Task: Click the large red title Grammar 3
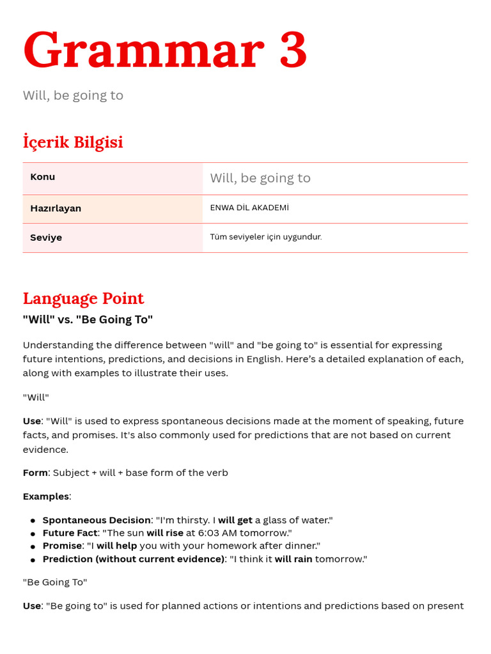click(x=165, y=50)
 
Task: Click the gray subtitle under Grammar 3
click(x=73, y=96)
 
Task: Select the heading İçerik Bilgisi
click(x=73, y=142)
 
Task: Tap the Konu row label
click(x=43, y=177)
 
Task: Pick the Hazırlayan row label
click(x=56, y=208)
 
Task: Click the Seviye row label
click(x=46, y=238)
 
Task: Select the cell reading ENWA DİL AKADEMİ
click(x=249, y=208)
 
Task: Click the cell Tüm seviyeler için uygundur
click(x=266, y=237)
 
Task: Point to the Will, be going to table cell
click(x=260, y=178)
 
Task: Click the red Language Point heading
click(x=83, y=298)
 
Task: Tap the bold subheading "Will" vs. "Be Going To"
click(x=88, y=319)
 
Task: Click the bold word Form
click(x=35, y=473)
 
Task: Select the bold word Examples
click(x=45, y=496)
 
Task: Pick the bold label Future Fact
click(x=70, y=533)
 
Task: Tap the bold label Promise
click(x=62, y=545)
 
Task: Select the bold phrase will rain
click(x=293, y=559)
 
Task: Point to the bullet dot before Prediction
click(x=33, y=559)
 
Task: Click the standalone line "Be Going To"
click(x=55, y=582)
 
